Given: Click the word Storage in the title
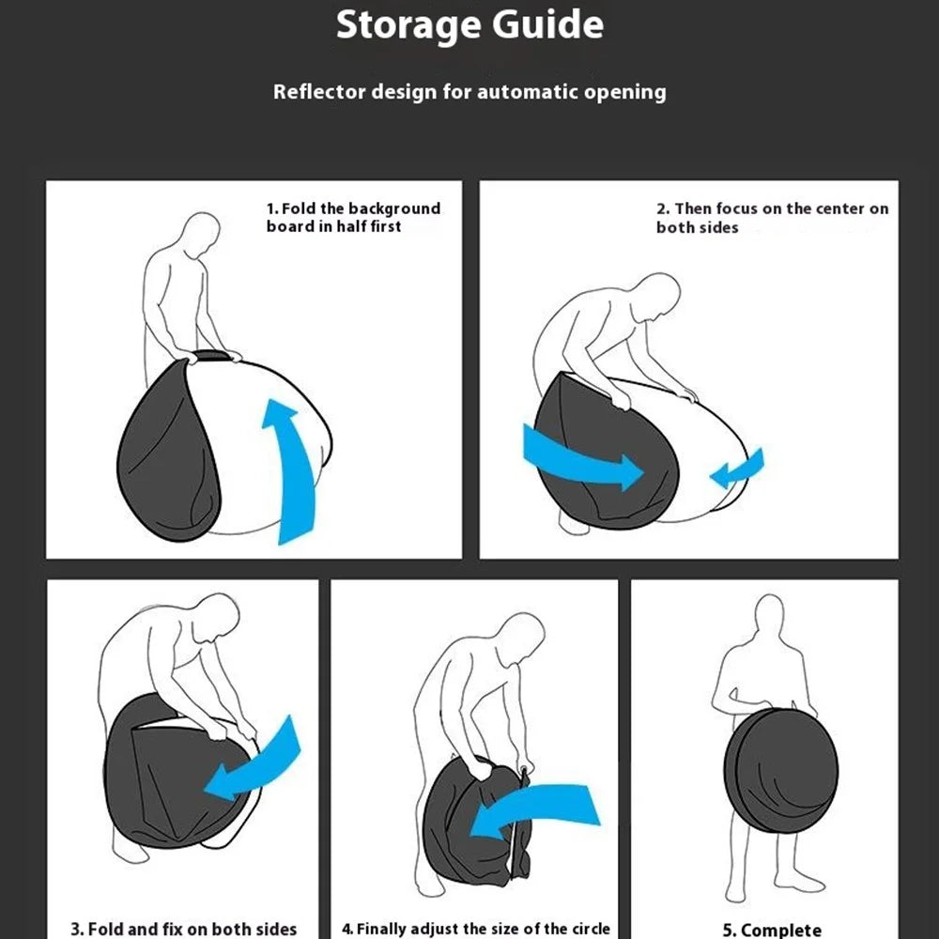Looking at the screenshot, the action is click(409, 25).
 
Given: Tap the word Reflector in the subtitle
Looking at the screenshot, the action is click(318, 92).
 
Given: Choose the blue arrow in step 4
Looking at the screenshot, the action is click(535, 810).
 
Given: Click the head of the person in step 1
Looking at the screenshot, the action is click(199, 236).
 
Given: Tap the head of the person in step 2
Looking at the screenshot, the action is click(657, 297).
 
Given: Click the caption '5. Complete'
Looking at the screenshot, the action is click(772, 930).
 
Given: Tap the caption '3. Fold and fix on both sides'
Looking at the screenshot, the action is click(184, 929).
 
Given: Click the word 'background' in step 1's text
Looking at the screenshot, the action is click(394, 208).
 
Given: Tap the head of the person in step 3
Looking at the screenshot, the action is click(216, 618).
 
